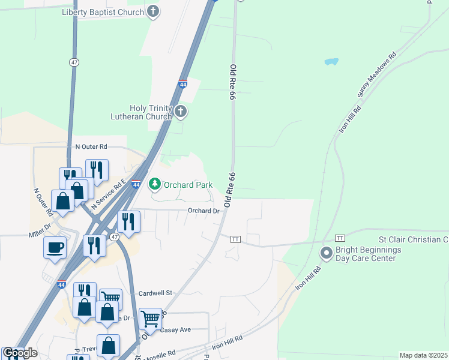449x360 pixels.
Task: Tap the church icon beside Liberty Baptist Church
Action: [x=154, y=11]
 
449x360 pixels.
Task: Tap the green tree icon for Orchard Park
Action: [x=155, y=184]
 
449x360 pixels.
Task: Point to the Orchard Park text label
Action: [x=188, y=185]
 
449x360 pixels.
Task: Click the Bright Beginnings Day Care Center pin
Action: [x=327, y=253]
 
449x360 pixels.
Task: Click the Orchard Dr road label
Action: [x=203, y=211]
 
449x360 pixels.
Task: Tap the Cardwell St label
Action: [x=155, y=293]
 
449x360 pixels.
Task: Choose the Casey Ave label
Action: [x=177, y=330]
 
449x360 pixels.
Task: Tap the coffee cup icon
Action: [x=55, y=247]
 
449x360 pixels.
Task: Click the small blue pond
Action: [x=331, y=62]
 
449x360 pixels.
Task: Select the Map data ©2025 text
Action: [x=423, y=355]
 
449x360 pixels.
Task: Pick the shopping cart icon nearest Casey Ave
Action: [x=150, y=318]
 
